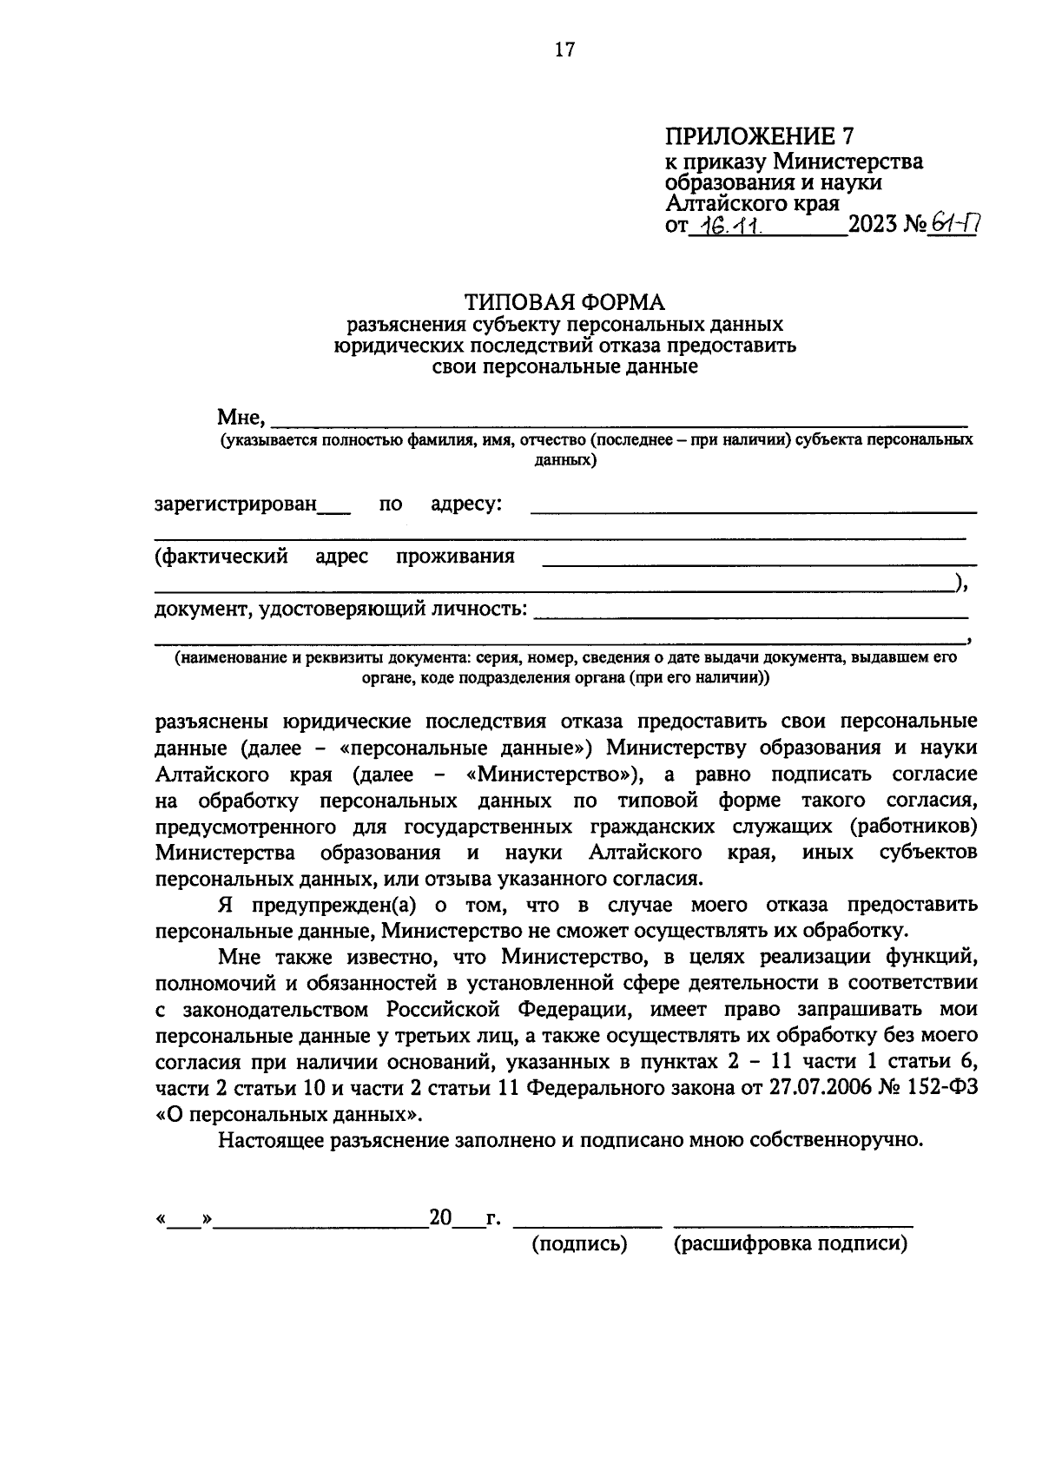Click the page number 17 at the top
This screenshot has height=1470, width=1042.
coord(564,50)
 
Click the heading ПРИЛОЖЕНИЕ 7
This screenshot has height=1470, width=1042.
coord(759,136)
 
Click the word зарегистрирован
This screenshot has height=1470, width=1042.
coord(235,504)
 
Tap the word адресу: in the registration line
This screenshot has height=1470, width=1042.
coord(465,504)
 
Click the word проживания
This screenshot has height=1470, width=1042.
coord(454,557)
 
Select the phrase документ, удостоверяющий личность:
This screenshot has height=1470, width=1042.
coord(340,609)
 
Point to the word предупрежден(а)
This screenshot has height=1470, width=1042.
coord(334,905)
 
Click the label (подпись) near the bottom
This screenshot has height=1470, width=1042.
coord(579,1244)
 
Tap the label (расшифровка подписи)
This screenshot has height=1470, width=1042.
coord(790,1244)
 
